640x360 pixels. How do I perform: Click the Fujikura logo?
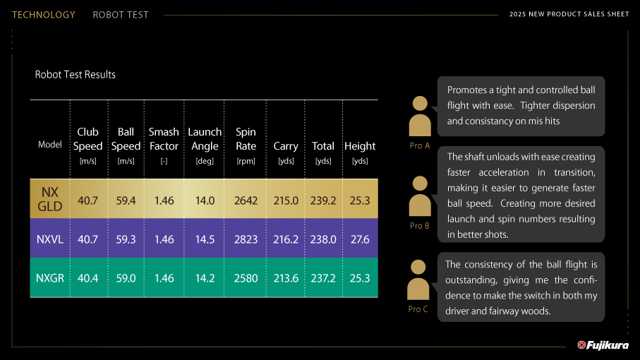coord(603,345)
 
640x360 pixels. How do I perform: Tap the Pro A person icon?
coord(420,116)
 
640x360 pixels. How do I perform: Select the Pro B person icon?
coord(420,196)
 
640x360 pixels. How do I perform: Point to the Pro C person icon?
coord(418,280)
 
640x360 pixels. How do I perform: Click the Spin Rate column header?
coord(246,145)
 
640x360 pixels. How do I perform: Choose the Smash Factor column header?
coord(164,145)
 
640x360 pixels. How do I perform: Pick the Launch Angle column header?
coord(205,145)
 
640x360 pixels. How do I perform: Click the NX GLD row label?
coord(50,199)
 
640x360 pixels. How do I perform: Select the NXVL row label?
coord(50,239)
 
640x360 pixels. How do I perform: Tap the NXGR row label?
coord(50,278)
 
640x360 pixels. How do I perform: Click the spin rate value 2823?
coord(246,239)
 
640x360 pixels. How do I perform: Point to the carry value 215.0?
coord(286,200)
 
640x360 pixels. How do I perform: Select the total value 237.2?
coord(323,278)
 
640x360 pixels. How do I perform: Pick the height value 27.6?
coord(360,239)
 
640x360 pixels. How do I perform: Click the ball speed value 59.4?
coord(126,200)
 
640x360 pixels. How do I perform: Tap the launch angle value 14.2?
coord(205,278)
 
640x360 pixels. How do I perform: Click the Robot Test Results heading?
coord(75,75)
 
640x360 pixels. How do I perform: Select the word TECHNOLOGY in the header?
coord(44,15)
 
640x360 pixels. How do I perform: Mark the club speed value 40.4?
coord(87,278)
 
